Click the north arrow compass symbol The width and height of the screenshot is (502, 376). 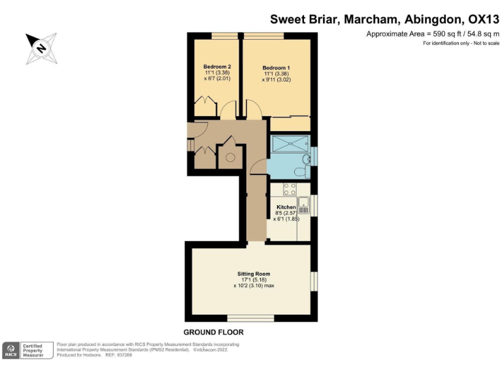coord(41,48)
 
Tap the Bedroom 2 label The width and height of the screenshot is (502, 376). coord(216,67)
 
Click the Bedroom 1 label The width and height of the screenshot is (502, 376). coord(276,67)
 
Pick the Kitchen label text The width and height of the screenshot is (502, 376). coord(286,207)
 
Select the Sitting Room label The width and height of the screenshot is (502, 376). coord(253,274)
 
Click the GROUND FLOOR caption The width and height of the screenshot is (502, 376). coord(213,332)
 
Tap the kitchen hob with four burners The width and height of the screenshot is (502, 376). coord(290,189)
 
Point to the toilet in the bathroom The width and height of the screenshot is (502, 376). coord(300,171)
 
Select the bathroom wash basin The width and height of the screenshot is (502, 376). coord(305,159)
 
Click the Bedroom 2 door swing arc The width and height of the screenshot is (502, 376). coord(228,112)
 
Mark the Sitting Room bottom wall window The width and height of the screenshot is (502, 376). coord(250,318)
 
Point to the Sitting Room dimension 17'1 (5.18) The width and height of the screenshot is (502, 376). coord(253,279)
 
